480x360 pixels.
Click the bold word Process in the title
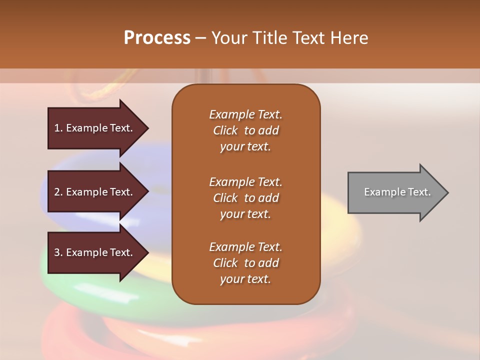[157, 38]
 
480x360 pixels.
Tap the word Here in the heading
[349, 38]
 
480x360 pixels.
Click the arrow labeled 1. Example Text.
[98, 128]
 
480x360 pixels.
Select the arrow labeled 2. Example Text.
[98, 191]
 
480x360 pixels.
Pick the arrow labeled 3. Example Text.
[98, 252]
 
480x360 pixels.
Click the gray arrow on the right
[398, 192]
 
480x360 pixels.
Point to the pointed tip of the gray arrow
[448, 192]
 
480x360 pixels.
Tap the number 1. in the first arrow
[58, 128]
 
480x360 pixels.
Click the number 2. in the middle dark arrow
[58, 192]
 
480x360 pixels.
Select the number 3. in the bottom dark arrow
[58, 252]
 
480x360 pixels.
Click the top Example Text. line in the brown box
[246, 114]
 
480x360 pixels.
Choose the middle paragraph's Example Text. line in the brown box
[246, 182]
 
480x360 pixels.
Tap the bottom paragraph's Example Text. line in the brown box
[246, 247]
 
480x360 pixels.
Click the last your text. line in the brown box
[245, 279]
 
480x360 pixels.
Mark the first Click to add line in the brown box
[246, 130]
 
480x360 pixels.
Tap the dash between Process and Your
[201, 39]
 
